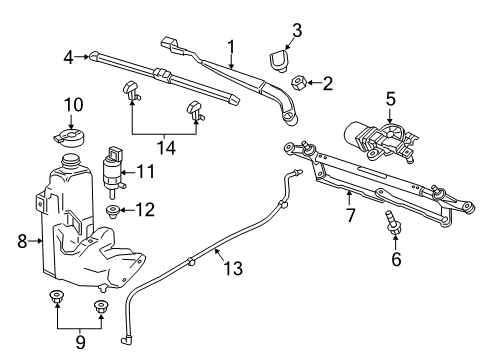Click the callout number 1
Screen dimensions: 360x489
pos(231,46)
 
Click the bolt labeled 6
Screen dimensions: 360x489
pos(393,224)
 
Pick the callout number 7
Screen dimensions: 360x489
pos(349,213)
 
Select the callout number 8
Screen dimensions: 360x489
pos(22,239)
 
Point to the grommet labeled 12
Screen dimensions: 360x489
pos(115,210)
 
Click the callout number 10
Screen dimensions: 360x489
pos(72,104)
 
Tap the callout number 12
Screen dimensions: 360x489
pos(146,210)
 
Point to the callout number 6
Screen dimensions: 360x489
pos(395,259)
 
